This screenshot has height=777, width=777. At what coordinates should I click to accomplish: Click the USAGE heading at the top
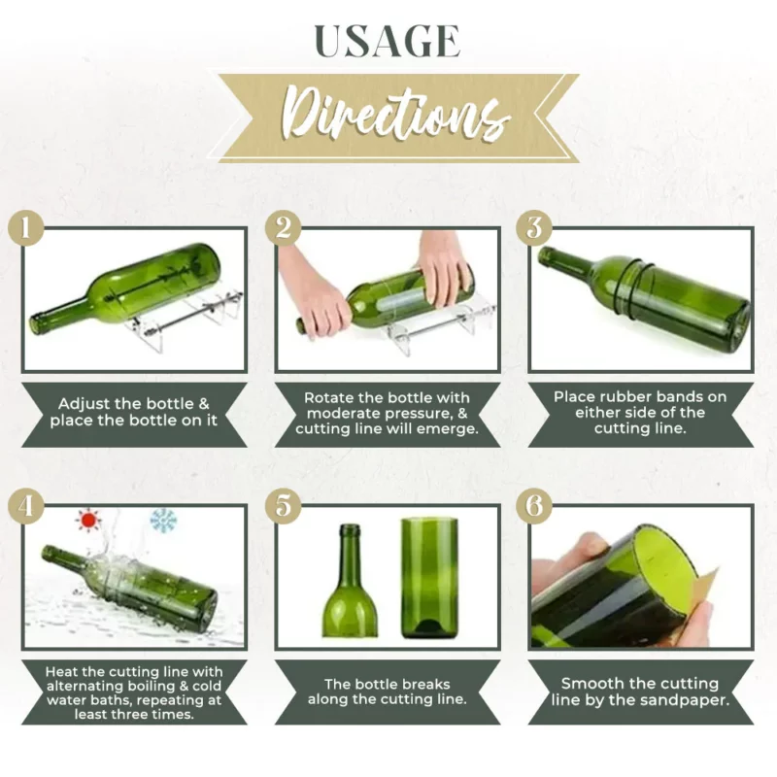(x=388, y=42)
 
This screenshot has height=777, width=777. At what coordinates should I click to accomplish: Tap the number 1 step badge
(x=26, y=228)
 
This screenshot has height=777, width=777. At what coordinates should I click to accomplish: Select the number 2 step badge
(x=283, y=228)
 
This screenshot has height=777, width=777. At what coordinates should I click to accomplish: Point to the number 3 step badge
(x=534, y=228)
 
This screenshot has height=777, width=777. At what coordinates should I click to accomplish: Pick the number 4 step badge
(x=26, y=506)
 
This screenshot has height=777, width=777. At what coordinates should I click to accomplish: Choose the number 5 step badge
(x=283, y=506)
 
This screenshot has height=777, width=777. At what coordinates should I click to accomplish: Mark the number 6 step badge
(x=534, y=506)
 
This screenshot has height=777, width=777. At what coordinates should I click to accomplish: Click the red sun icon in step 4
(x=88, y=520)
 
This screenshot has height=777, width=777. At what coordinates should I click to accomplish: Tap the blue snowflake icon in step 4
(x=163, y=521)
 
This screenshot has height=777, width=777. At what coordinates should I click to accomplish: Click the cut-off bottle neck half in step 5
(x=350, y=581)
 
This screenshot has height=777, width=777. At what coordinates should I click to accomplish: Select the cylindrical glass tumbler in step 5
(x=429, y=578)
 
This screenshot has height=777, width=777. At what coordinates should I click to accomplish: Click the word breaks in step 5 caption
(x=426, y=685)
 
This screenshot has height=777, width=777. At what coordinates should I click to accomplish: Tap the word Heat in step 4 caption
(x=58, y=671)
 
